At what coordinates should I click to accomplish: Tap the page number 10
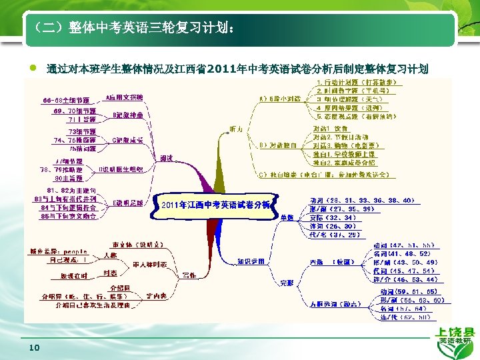click(x=35, y=348)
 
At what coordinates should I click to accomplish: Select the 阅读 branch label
click(x=167, y=158)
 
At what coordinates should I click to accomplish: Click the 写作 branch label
click(x=189, y=274)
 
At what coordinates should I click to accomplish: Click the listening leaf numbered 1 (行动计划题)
click(x=358, y=82)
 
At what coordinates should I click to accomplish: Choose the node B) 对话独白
click(x=273, y=144)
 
